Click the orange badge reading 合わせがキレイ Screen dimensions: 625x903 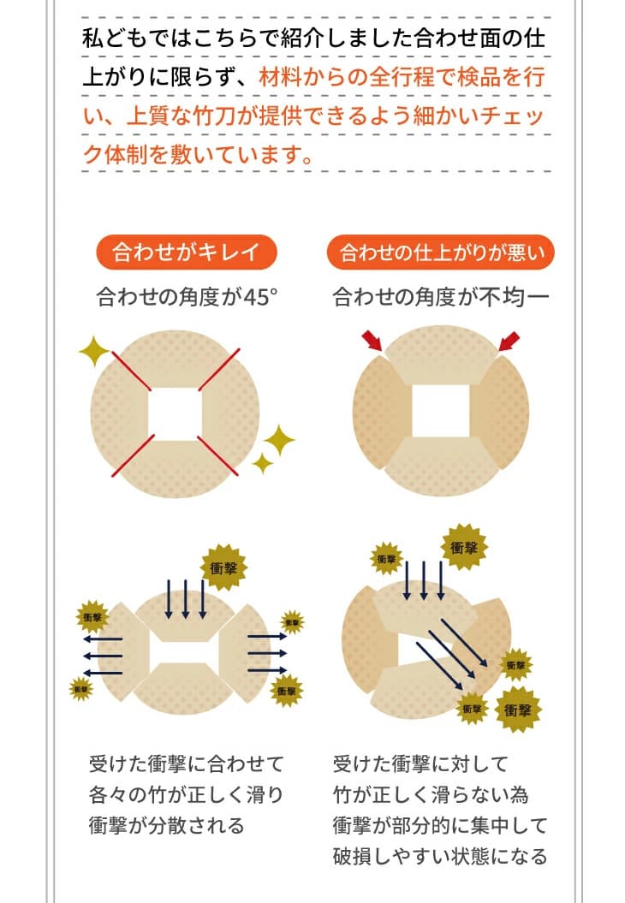point(186,252)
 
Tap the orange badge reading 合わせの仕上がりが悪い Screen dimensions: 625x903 point(441,252)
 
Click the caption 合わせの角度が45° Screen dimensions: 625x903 point(187,297)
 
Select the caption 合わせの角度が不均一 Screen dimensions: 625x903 point(441,297)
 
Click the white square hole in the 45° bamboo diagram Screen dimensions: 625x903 point(176,413)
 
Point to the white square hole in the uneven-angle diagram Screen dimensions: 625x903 point(441,411)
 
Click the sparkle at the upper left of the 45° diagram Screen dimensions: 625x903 point(94,351)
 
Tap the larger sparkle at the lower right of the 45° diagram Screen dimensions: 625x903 point(279,441)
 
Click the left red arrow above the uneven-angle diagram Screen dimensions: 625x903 point(372,341)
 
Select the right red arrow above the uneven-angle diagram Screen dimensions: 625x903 point(509,341)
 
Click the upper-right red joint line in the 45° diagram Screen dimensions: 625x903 point(219,370)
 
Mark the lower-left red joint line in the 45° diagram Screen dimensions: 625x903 point(133,455)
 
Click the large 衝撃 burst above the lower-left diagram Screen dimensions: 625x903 point(223,567)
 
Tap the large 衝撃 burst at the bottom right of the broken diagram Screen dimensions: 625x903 point(518,710)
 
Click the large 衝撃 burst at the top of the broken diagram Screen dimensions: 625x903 point(464,547)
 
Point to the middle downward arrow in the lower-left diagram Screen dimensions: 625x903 point(186,599)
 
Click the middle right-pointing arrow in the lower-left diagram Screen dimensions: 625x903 point(267,653)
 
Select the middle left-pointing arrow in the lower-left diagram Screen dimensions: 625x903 point(103,656)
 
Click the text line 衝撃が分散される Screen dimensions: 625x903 point(166,825)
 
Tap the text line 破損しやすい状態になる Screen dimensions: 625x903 point(440,857)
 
